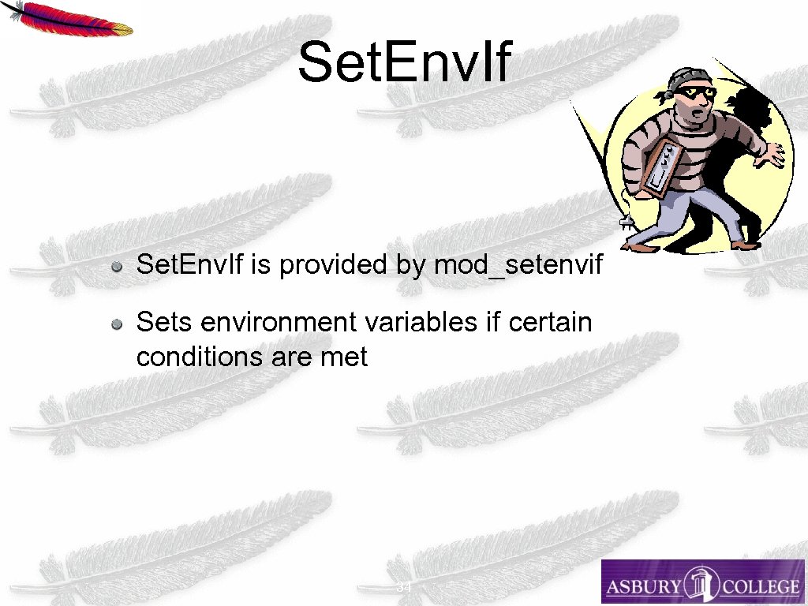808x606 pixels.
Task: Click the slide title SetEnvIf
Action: point(405,63)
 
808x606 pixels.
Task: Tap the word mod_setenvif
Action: point(518,265)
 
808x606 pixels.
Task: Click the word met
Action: point(344,357)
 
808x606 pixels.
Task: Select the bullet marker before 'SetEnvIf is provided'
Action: point(116,266)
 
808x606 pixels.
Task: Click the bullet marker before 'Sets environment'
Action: point(116,324)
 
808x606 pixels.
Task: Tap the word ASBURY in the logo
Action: point(643,586)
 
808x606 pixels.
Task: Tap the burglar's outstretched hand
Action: point(769,155)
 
